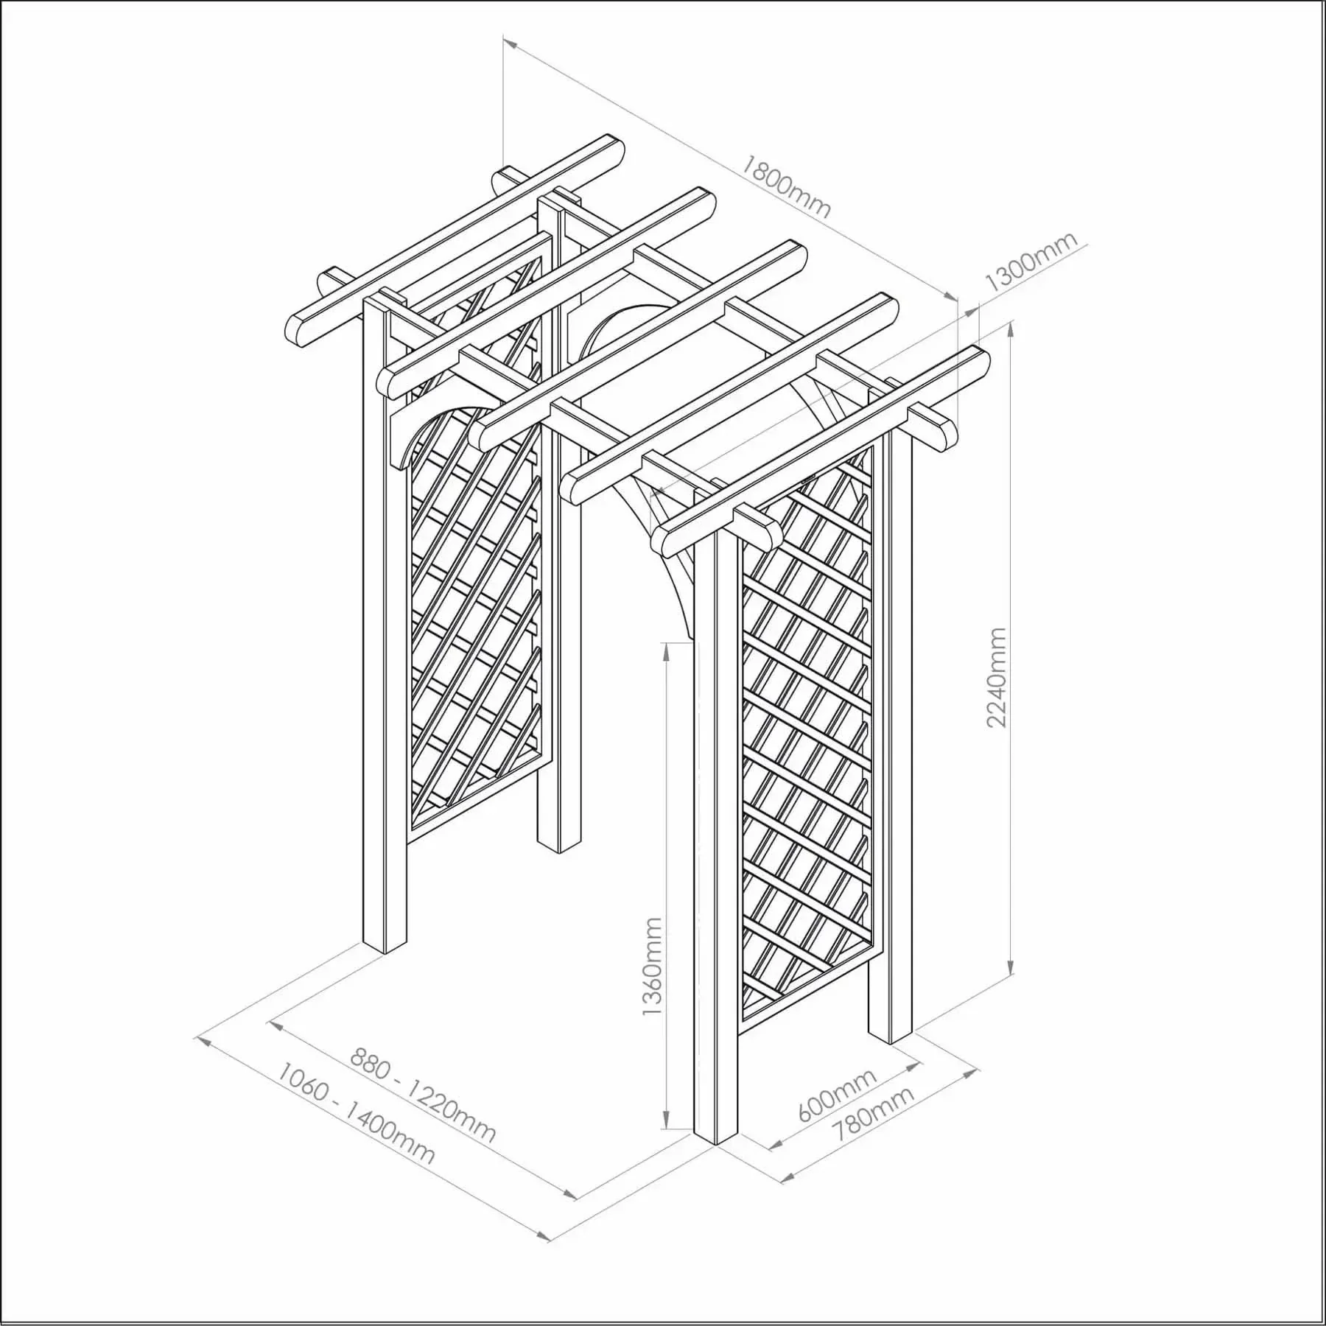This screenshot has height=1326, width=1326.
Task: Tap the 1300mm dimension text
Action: [x=1030, y=262]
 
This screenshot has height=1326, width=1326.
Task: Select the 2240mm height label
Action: [x=996, y=677]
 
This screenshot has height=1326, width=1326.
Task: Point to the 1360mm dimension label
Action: [x=653, y=966]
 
